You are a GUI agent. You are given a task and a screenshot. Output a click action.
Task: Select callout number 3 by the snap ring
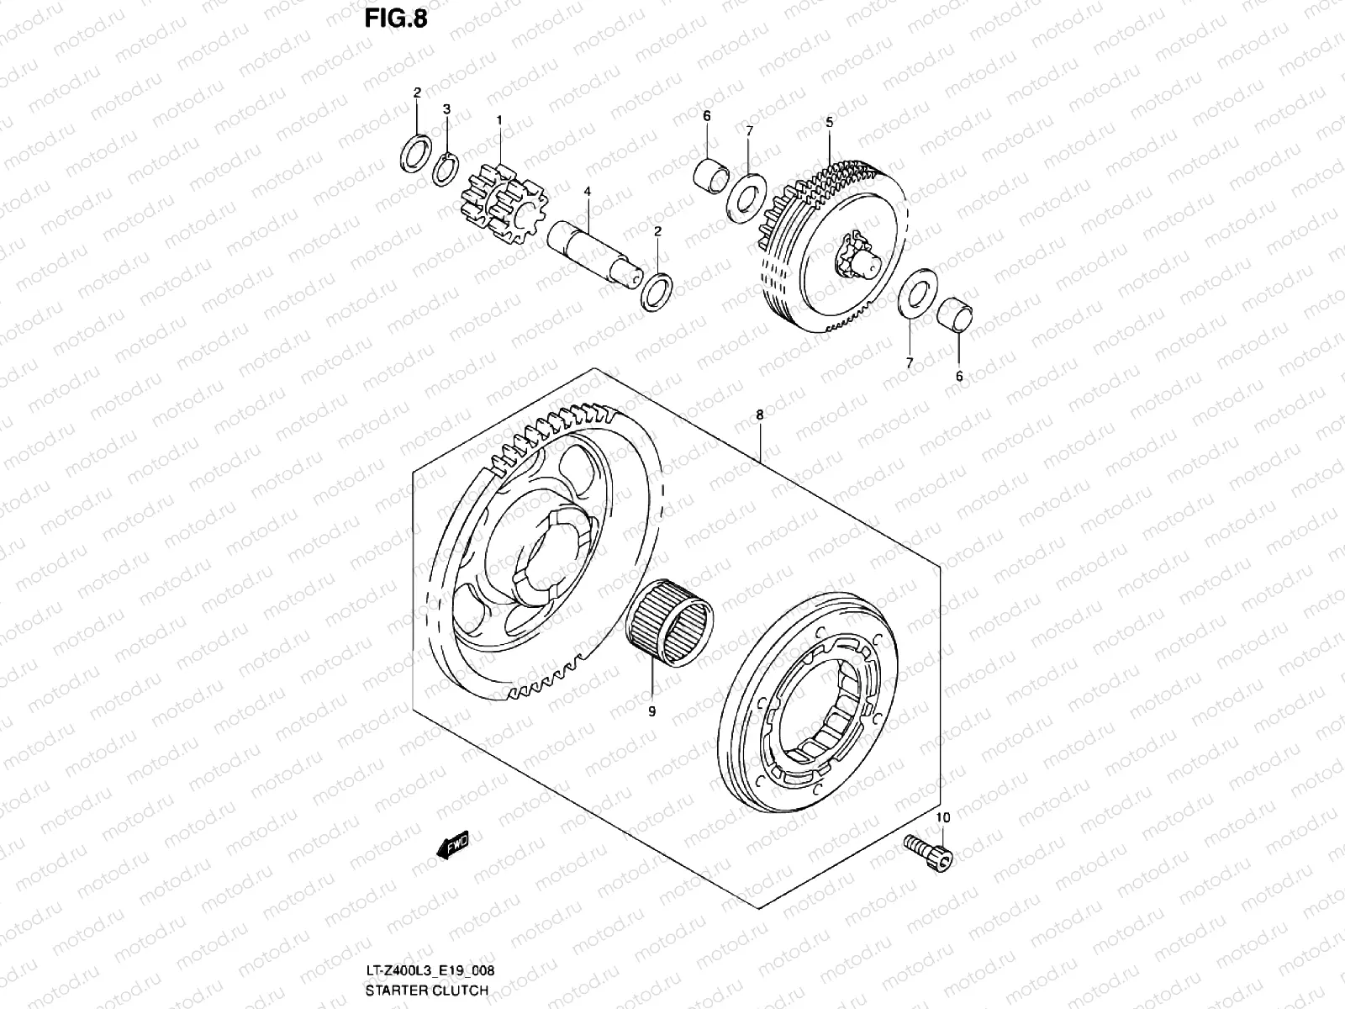(447, 110)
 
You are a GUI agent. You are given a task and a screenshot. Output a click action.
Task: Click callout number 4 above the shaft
(588, 193)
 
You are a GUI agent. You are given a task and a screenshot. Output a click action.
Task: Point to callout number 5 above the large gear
(829, 123)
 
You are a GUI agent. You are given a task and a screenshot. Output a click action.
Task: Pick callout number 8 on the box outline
(759, 415)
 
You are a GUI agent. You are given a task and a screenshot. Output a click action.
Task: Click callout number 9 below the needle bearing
(651, 711)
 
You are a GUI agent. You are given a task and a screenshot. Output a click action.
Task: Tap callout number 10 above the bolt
(942, 817)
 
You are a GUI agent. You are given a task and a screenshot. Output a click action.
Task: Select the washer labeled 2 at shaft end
(657, 290)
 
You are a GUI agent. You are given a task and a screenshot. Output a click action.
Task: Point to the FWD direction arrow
(452, 843)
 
